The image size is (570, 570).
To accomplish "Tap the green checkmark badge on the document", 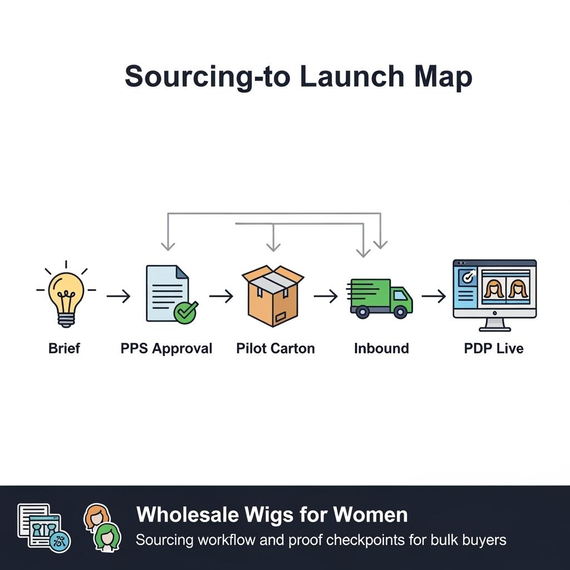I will click(185, 312).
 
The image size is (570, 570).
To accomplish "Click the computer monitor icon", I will click(494, 294).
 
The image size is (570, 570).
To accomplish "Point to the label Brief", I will click(65, 349).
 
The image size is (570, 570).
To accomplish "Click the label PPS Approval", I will click(166, 349).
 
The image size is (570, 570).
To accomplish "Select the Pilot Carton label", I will click(276, 349).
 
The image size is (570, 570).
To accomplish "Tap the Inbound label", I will click(381, 349).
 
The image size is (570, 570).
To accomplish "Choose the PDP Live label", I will click(494, 349).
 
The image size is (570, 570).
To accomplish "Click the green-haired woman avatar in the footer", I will click(107, 537).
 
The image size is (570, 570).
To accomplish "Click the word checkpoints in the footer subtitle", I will click(367, 540).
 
